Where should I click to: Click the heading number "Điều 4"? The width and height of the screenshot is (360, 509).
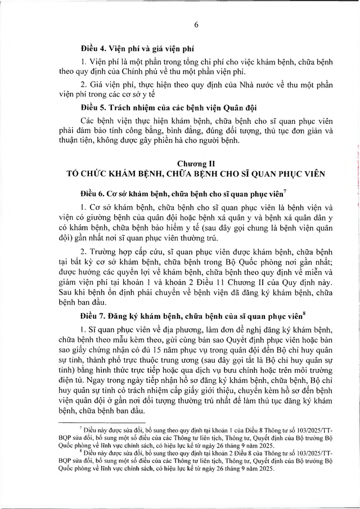[93, 49]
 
